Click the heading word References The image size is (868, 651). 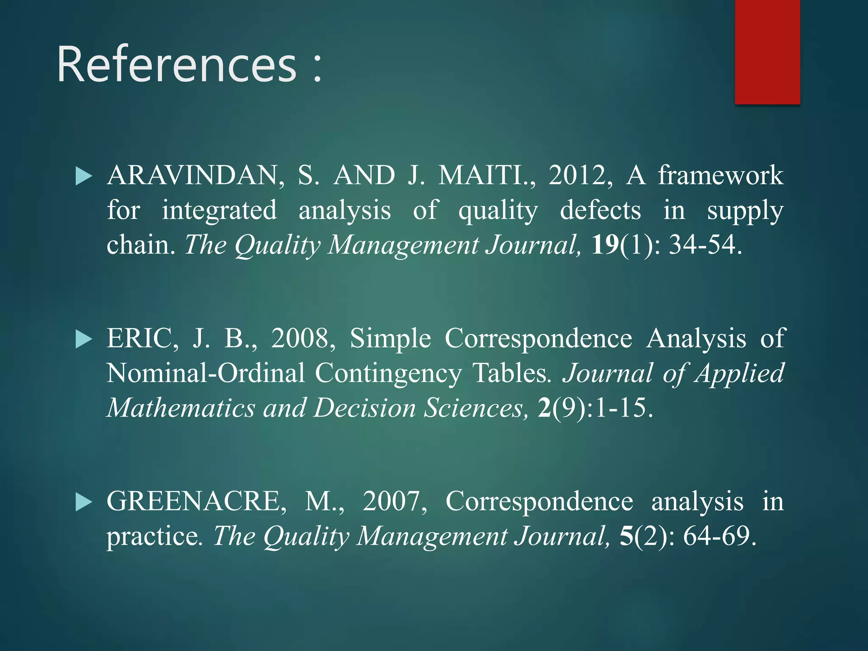(x=177, y=64)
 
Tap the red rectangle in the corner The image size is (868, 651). (x=767, y=52)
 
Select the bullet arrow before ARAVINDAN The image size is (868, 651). (x=83, y=176)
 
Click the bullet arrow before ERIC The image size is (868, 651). (x=83, y=339)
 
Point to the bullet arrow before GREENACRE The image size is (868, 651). (x=83, y=502)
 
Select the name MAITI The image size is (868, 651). (x=486, y=175)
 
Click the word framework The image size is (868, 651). (x=721, y=175)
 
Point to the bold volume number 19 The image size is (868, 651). (x=605, y=245)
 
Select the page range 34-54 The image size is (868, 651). (x=704, y=245)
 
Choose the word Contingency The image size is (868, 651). (x=388, y=373)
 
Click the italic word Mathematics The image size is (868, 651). (x=181, y=408)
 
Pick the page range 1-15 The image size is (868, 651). (x=623, y=408)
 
